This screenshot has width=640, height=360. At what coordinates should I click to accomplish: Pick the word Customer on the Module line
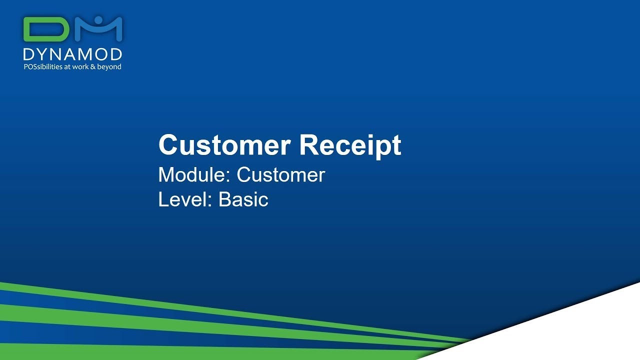click(x=281, y=175)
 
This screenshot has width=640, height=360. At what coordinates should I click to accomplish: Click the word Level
click(x=183, y=199)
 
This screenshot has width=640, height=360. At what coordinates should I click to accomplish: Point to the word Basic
click(x=243, y=199)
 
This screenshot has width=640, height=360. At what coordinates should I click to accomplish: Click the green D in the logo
click(x=46, y=29)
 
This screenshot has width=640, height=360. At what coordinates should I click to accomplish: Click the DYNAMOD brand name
click(x=72, y=54)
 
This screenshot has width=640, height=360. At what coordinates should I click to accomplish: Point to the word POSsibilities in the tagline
click(x=43, y=66)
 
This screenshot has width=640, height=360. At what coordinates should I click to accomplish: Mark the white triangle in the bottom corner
click(x=575, y=330)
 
